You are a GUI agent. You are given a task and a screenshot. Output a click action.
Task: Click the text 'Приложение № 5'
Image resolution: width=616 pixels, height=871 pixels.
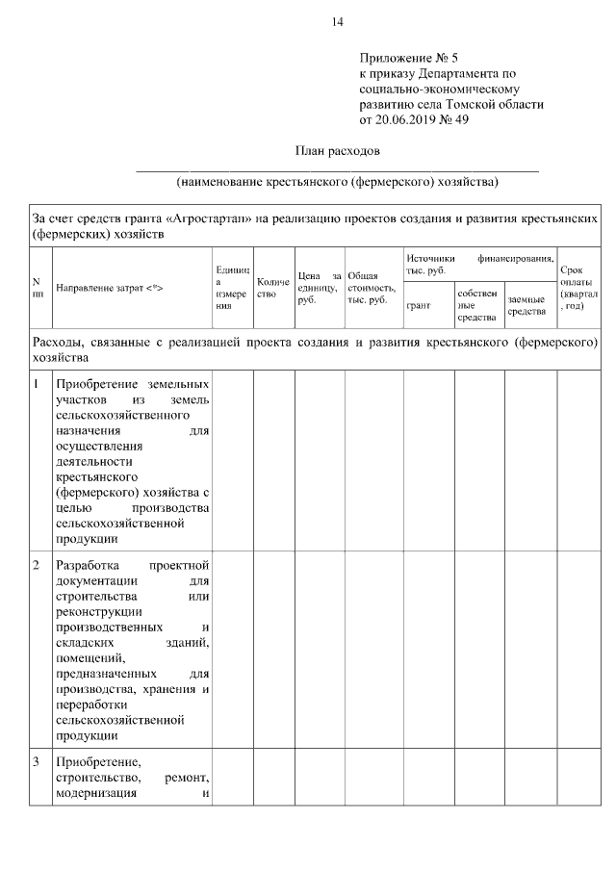[x=402, y=58]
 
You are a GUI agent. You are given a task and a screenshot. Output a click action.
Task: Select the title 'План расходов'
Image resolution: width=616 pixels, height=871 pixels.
[x=337, y=151]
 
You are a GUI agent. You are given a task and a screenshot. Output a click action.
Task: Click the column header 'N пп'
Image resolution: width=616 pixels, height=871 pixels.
[x=37, y=287]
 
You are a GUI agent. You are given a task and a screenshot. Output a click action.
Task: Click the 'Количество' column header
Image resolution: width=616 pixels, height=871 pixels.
[x=273, y=287]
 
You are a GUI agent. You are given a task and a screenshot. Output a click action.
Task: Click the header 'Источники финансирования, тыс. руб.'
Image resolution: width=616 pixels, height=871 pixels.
[x=478, y=264]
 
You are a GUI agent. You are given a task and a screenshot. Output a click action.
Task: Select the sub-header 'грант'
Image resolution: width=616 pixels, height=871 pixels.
[x=419, y=305]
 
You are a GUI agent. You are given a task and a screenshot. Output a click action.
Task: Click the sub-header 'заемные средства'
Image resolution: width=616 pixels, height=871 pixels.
[x=528, y=305]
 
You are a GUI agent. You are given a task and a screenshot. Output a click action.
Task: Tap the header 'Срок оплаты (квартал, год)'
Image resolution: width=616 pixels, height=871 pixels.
[x=577, y=287]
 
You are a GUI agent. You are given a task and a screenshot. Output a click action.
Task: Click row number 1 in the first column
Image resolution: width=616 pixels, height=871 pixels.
[x=36, y=385]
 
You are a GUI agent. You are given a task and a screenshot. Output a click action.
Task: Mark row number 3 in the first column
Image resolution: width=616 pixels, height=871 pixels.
[x=36, y=762]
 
